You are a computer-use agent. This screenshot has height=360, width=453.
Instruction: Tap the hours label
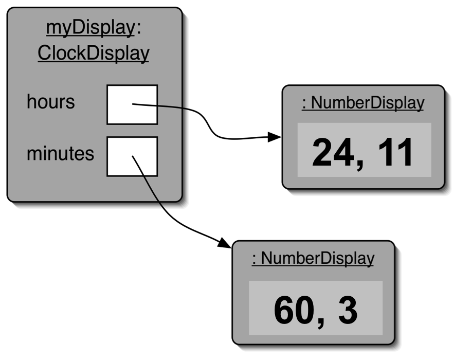coord(50,102)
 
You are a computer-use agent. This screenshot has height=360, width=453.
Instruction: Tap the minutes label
coord(60,153)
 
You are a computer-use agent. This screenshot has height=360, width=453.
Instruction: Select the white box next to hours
coord(132,105)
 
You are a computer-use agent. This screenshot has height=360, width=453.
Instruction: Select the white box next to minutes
coord(132,156)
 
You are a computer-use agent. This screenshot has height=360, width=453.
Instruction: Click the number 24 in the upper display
coord(332,153)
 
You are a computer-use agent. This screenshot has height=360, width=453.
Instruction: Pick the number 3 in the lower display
coord(348,310)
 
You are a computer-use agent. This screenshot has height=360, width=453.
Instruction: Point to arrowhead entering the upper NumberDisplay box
coord(276,137)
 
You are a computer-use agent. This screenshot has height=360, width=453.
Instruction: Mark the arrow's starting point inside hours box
coord(133,105)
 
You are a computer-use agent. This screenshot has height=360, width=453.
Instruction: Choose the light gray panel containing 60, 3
coord(315,309)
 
